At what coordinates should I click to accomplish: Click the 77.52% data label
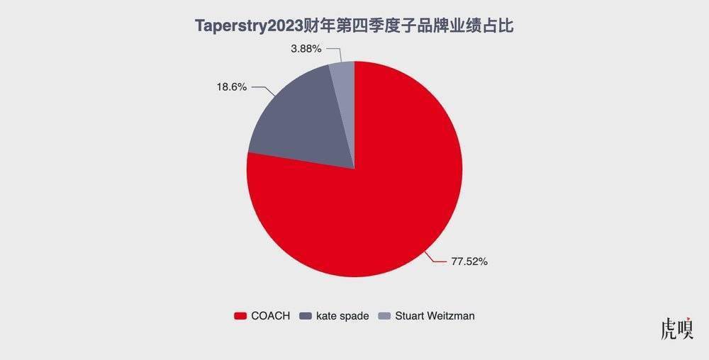[469, 261]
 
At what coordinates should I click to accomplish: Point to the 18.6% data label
[231, 87]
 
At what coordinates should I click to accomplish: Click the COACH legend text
[270, 316]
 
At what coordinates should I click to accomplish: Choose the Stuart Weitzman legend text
[433, 316]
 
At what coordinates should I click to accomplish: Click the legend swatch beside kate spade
[306, 316]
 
